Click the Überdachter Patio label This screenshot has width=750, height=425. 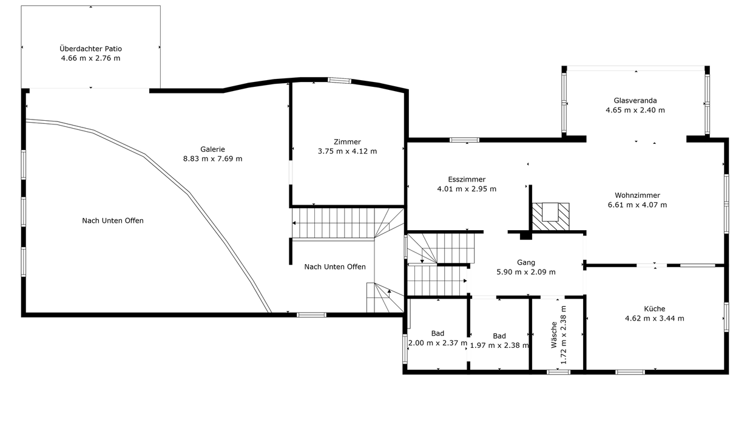click(x=91, y=49)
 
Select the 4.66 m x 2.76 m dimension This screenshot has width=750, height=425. click(x=91, y=58)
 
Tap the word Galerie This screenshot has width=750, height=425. click(x=212, y=149)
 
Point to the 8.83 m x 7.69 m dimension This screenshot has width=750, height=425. click(x=212, y=158)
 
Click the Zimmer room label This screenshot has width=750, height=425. click(x=347, y=141)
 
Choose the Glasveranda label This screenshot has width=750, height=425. click(x=635, y=100)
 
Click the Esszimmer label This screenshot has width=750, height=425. click(x=467, y=180)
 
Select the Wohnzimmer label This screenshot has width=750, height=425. click(x=638, y=195)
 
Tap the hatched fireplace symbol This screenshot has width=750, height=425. click(x=551, y=216)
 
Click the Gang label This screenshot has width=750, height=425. click(x=526, y=262)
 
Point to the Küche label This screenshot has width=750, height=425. click(x=655, y=309)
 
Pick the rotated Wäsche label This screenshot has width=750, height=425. click(x=554, y=335)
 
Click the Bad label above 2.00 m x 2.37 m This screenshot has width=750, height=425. click(x=437, y=333)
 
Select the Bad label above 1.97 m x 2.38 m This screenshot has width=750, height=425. click(x=499, y=336)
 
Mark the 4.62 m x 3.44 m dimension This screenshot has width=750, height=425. click(x=655, y=319)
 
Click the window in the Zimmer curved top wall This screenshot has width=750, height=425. click(x=339, y=80)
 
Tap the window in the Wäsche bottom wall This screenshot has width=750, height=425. click(x=558, y=372)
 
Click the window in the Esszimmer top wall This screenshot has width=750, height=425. click(x=464, y=140)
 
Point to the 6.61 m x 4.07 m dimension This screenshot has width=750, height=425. click(x=638, y=205)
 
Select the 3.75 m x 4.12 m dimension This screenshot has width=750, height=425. click(x=347, y=151)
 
